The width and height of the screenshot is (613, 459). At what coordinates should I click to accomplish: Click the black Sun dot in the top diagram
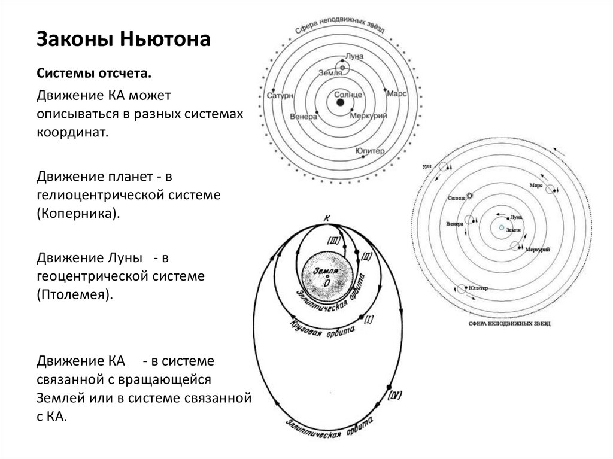tap(340, 104)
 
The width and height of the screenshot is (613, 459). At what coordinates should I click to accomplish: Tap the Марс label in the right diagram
tap(536, 186)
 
